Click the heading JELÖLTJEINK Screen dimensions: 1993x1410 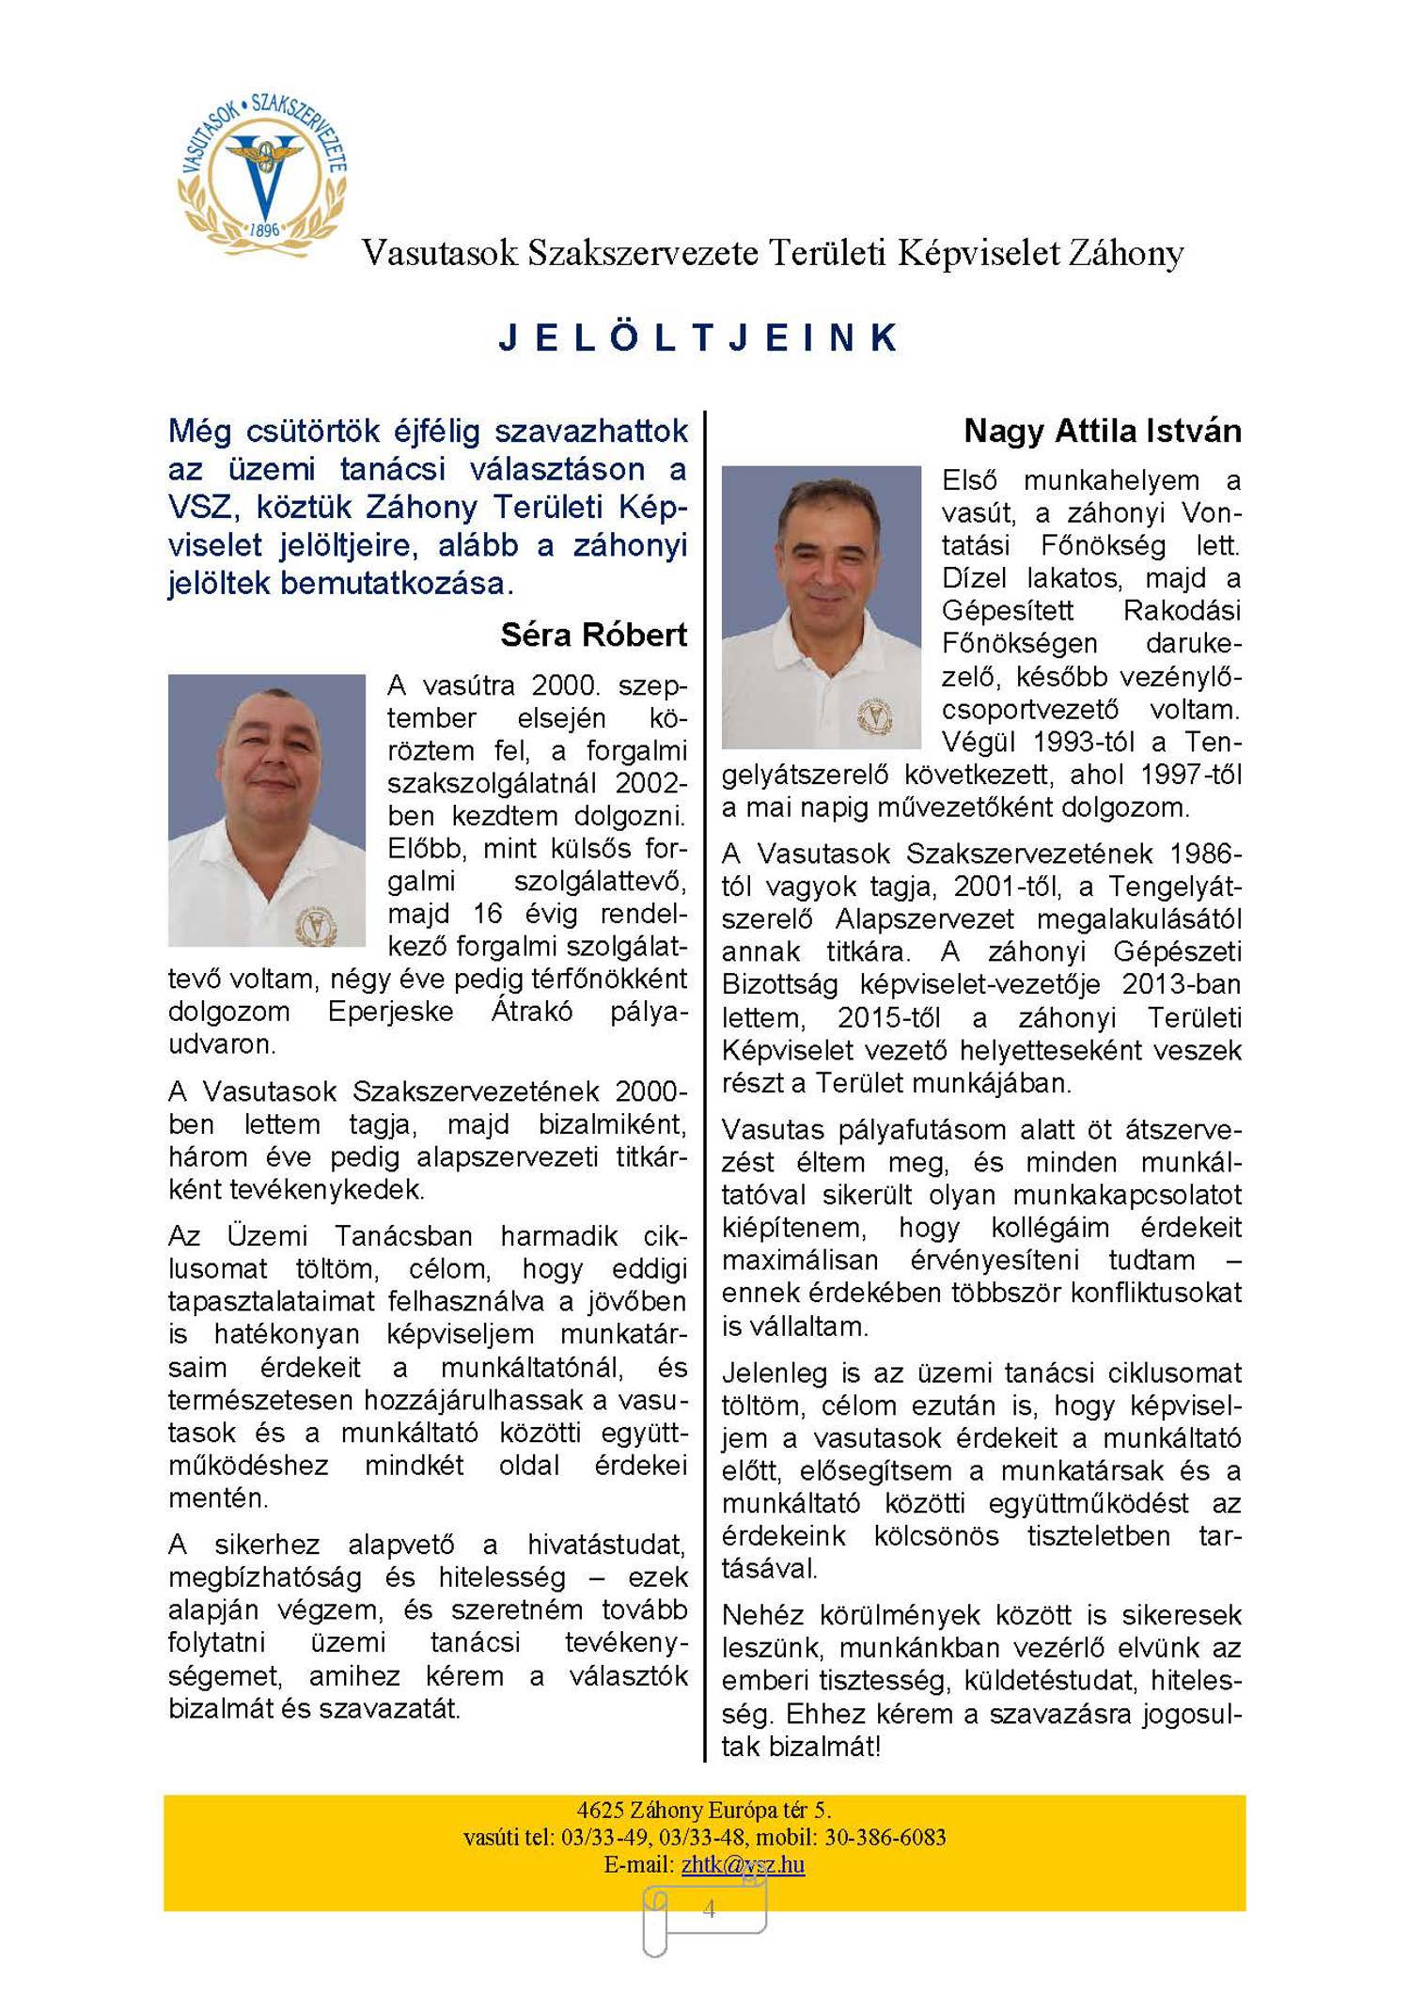click(699, 338)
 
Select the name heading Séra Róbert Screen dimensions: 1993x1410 click(593, 636)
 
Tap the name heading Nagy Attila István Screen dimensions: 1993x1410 click(1102, 432)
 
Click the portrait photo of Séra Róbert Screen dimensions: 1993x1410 click(266, 809)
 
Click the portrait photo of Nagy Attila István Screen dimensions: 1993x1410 click(821, 606)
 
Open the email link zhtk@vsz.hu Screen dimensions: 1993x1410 click(743, 1864)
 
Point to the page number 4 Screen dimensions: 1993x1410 click(709, 1907)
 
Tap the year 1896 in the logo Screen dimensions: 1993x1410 click(264, 229)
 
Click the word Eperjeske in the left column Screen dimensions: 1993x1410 click(390, 1012)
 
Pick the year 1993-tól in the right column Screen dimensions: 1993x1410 click(1090, 743)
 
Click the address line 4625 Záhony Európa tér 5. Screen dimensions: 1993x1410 click(703, 1810)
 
